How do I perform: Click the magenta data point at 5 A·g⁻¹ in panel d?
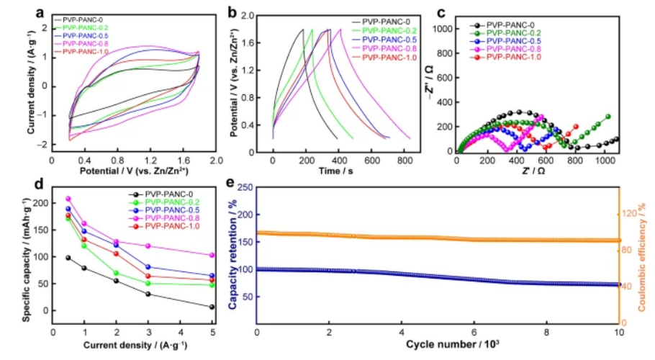212,255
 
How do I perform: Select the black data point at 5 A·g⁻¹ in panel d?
212,307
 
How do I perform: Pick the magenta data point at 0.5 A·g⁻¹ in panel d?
68,199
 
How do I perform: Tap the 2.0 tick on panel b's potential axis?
261,14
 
